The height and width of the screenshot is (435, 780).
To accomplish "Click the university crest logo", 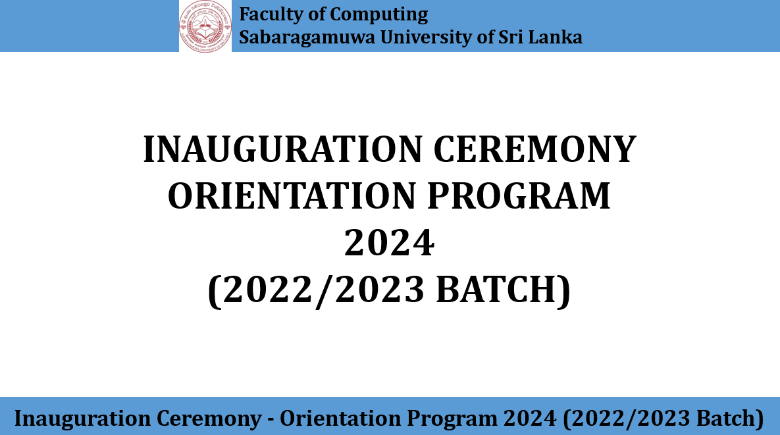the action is pos(205,26).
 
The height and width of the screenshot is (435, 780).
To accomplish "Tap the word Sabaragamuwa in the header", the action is pos(307,38).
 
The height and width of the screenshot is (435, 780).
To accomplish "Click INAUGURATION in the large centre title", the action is pos(282,149).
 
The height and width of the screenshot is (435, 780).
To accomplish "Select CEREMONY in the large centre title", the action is pos(534,149).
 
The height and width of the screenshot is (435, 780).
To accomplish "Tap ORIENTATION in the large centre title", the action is pos(292,196).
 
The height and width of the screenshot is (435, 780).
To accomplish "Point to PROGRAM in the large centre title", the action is pos(519,196).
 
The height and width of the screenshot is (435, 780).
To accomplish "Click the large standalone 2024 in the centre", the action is pos(390,243).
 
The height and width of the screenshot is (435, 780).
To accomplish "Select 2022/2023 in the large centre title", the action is pos(323,290).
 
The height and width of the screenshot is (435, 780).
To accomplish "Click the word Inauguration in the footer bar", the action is pos(82,419).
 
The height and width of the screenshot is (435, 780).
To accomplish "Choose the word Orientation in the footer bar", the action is pos(340,418).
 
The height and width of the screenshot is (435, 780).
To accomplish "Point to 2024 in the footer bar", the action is pos(530,419).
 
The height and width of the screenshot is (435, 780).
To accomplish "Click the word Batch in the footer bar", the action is pos(729,419).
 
